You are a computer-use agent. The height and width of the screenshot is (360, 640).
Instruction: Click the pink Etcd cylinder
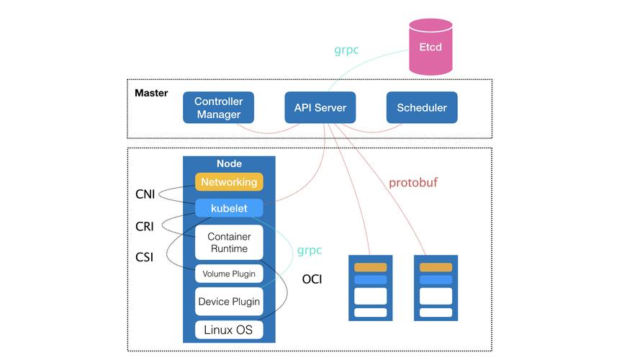pos(431,47)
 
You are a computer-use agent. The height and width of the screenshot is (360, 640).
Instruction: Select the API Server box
pos(320,108)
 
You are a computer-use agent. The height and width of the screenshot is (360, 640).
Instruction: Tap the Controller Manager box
pos(218,108)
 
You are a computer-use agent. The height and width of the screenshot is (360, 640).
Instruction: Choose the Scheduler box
pos(421,108)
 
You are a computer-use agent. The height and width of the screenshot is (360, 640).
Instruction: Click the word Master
pos(151,93)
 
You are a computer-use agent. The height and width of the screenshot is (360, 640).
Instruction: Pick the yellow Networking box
pos(229,182)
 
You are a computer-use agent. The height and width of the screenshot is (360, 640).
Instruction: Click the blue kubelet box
pos(229,208)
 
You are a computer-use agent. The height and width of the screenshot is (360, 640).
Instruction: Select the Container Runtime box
pos(228,243)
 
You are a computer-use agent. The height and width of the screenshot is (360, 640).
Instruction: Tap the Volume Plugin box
pos(228,274)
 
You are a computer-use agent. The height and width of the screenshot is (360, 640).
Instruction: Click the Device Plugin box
pos(228,302)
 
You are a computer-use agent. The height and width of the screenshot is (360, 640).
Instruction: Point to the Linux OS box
pos(228,330)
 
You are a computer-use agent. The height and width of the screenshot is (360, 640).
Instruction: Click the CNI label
pos(145,194)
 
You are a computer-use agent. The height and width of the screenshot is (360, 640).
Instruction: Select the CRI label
pos(144,226)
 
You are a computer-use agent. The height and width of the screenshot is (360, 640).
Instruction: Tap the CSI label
pos(144,256)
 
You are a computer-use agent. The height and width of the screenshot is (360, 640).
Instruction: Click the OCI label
pos(312,279)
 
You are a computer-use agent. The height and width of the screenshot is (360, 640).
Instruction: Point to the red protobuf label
pos(413,183)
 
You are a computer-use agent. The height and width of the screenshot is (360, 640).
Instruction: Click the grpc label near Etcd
pos(346,50)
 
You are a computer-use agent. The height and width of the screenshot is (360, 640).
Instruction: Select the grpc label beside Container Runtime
pos(310,251)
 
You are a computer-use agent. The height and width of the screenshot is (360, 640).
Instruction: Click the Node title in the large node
pos(229,164)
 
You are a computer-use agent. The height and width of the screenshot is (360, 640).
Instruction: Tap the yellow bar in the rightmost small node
pos(436,267)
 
